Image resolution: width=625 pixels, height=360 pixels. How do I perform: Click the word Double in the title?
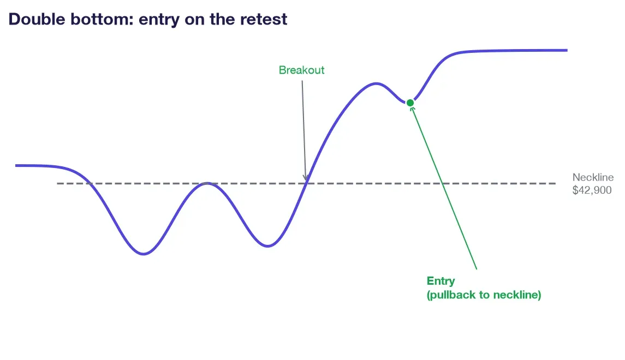coord(37,19)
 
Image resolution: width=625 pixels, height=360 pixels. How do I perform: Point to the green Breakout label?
coord(301,70)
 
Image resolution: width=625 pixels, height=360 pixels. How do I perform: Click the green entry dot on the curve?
coord(410,103)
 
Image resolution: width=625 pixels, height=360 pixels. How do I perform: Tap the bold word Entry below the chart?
coord(441,281)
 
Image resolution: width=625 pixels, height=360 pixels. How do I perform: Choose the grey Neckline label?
coord(593,177)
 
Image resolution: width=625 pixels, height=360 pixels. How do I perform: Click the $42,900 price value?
coord(592,190)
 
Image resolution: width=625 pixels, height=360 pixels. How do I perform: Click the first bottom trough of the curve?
coord(144,254)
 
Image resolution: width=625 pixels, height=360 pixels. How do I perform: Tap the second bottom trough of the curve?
coord(267,246)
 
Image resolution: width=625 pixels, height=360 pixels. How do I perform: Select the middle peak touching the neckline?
coord(207,183)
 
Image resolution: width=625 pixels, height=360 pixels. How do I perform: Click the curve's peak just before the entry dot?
coord(376,83)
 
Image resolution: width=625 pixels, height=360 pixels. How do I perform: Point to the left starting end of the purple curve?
coord(16,165)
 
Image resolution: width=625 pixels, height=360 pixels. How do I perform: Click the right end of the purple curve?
coord(567,50)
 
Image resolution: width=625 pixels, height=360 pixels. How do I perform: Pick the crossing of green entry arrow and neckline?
coord(443,184)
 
